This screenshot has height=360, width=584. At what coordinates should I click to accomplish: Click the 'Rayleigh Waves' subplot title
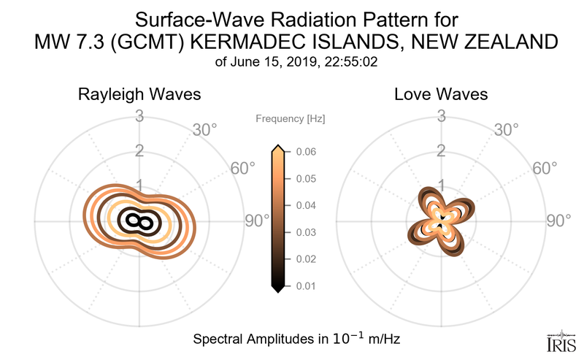[x=139, y=95]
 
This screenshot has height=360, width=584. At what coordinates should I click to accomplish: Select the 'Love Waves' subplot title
[x=441, y=95]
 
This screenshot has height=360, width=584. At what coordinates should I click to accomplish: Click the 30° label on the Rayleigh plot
[x=204, y=131]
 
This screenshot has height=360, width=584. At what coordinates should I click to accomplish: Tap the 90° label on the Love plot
[x=559, y=221]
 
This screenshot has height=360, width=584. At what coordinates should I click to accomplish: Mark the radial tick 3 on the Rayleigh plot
[x=139, y=115]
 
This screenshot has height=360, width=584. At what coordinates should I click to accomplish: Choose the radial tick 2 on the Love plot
[x=441, y=151]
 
